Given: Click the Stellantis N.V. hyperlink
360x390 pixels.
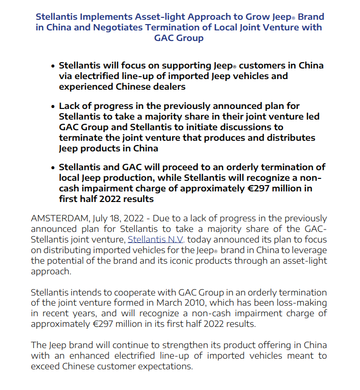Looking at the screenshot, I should click(x=156, y=240).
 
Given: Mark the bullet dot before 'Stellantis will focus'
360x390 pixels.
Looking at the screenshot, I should click(x=53, y=66).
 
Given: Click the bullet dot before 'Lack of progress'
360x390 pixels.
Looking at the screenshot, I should click(x=53, y=106).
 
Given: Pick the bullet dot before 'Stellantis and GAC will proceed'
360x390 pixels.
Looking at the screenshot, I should click(x=53, y=167).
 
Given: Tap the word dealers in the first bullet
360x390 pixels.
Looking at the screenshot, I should click(x=169, y=87).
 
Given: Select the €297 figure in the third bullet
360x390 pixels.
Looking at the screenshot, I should click(x=258, y=188).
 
